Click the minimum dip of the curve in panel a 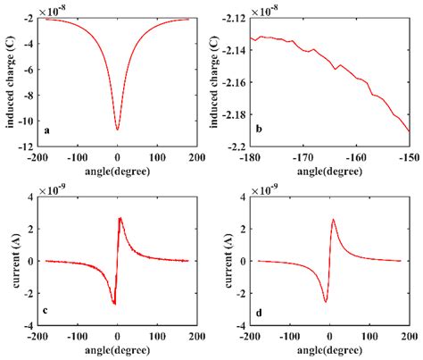pyautogui.click(x=117, y=130)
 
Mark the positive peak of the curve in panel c pyautogui.click(x=120, y=217)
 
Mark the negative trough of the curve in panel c pyautogui.click(x=114, y=304)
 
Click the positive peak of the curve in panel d pyautogui.click(x=333, y=219)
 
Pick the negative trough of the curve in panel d pyautogui.click(x=326, y=302)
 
